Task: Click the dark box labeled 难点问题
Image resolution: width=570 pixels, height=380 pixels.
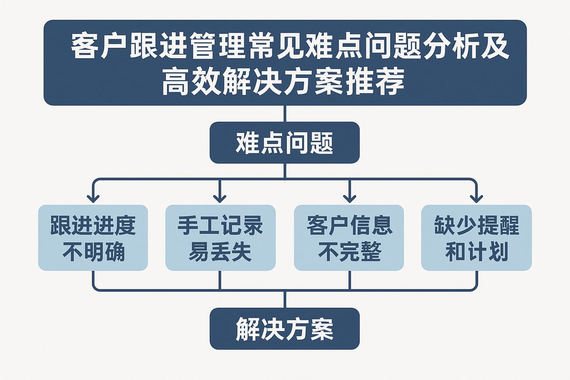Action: (x=284, y=143)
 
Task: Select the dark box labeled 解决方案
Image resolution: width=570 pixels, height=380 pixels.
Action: (x=284, y=329)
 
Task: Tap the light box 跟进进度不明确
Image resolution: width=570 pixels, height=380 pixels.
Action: (x=93, y=238)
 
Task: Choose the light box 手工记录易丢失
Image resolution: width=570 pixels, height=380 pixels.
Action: (x=220, y=238)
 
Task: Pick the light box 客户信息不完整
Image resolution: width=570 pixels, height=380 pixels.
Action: (x=349, y=238)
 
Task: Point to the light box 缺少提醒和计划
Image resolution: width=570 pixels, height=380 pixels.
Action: (x=476, y=238)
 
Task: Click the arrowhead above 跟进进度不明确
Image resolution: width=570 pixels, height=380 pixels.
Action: (x=93, y=198)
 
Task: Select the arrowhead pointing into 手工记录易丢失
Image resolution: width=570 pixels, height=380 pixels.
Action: (x=220, y=198)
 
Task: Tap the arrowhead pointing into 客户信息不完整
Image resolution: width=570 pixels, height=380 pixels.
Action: (x=349, y=198)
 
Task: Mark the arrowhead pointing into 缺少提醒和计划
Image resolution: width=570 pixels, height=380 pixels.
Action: (x=476, y=198)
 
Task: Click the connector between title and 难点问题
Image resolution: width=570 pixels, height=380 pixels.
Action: (x=284, y=113)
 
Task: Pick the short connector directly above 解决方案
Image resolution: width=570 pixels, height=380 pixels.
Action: (x=284, y=299)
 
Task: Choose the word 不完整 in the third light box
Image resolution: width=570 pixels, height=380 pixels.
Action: (x=349, y=252)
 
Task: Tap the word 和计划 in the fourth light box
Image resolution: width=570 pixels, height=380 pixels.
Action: (x=476, y=252)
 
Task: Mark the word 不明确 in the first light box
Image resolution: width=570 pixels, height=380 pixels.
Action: (x=93, y=252)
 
